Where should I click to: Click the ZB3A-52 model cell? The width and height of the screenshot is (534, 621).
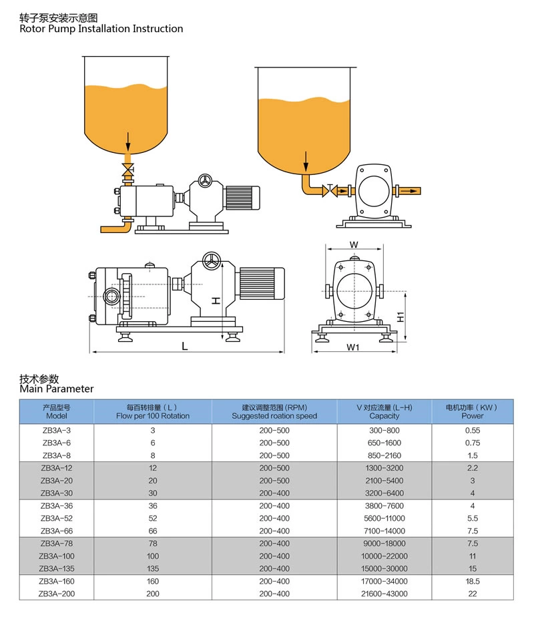coord(56,518)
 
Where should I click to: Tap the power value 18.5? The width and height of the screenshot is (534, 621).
coord(473,581)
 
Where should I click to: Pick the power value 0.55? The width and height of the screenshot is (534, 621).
coord(473,431)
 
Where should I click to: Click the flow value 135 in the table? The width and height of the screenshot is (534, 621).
coord(153,568)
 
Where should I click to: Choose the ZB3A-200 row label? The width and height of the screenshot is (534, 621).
coord(56,594)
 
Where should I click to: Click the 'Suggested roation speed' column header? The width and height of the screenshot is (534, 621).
coord(274,416)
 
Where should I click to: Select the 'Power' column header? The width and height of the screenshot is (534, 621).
coord(473,416)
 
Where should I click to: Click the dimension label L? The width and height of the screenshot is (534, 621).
coord(185,345)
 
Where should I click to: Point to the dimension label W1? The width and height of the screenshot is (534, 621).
coord(353,348)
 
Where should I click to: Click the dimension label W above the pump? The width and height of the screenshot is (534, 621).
coord(354,244)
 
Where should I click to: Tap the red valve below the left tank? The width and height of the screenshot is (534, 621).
coord(127,170)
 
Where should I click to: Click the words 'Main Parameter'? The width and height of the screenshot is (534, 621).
coord(57,389)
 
